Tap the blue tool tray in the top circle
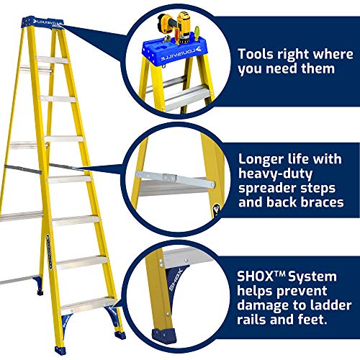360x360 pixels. tap(172, 50)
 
